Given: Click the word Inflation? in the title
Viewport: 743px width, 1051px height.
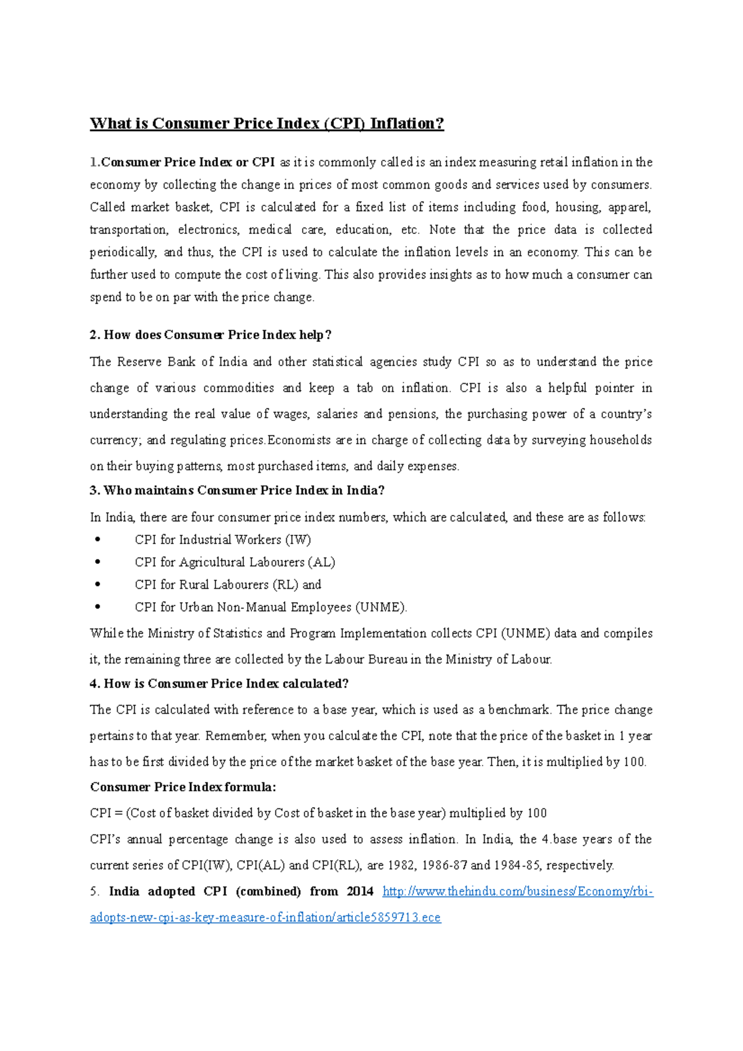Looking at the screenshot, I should click(x=407, y=124).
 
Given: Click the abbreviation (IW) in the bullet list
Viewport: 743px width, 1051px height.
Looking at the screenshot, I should click(x=298, y=540).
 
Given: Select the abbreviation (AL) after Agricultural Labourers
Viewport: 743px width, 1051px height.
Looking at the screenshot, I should click(x=321, y=563).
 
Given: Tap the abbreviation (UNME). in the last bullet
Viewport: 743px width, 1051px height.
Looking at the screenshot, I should click(x=381, y=607).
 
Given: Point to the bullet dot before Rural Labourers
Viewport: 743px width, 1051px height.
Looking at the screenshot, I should click(x=98, y=584).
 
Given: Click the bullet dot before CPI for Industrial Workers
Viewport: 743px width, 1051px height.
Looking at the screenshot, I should click(x=98, y=540).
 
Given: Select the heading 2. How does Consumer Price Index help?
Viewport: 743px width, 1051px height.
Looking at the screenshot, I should click(x=211, y=335).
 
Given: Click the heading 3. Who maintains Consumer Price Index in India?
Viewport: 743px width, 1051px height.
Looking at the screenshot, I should click(x=238, y=490).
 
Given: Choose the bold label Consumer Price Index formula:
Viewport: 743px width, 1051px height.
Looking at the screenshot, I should click(x=183, y=787).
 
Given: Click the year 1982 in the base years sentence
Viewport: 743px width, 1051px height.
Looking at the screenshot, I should click(x=401, y=865).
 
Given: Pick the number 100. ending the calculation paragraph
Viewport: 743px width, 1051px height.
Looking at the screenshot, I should click(x=635, y=762).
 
